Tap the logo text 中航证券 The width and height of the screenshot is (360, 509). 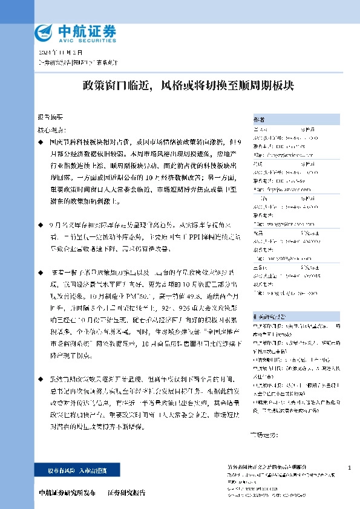click(87, 30)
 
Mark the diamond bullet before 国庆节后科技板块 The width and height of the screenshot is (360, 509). click(40, 141)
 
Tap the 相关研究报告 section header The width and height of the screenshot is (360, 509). click(269, 316)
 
